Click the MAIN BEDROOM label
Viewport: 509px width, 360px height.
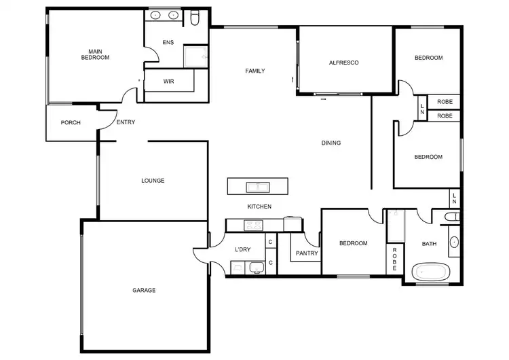pos(95,54)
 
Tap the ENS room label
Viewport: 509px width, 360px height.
pos(168,42)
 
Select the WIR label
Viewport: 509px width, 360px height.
pos(169,81)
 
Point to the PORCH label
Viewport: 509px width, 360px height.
pos(71,123)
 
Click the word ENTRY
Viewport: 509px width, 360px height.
pos(126,122)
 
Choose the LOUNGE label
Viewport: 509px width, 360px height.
pos(153,181)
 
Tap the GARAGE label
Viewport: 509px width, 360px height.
pos(144,290)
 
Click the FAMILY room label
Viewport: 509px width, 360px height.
pos(255,71)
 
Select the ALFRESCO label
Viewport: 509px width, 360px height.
pos(343,62)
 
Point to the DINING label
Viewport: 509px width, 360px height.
pos(331,143)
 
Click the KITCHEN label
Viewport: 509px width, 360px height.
pos(259,206)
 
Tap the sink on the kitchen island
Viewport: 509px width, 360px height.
pos(259,186)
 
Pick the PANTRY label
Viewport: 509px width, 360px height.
pos(303,254)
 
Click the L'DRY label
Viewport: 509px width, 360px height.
pos(243,249)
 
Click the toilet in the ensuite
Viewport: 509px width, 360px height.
pos(195,19)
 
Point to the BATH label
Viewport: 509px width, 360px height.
pos(430,244)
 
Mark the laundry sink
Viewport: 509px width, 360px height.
pos(257,267)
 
